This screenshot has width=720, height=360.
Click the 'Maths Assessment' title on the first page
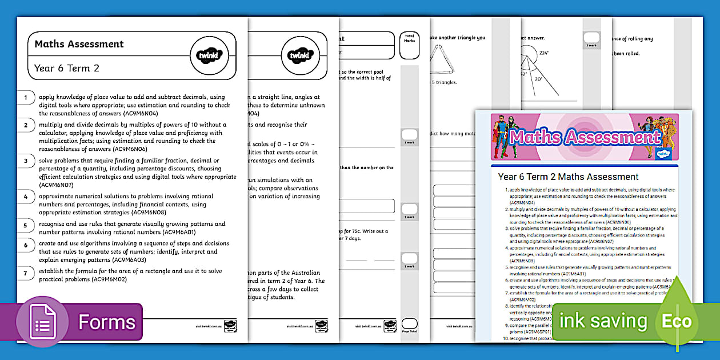coord(79,44)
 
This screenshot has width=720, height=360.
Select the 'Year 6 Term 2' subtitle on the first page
coord(67,69)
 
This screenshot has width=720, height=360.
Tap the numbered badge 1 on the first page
coord(25,98)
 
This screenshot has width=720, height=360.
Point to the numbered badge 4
coord(25,197)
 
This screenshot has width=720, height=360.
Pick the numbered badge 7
coord(25,273)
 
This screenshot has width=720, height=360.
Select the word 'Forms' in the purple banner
coord(107,322)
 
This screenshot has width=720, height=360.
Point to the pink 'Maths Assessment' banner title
coord(585,137)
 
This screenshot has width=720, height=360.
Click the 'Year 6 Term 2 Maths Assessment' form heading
coord(568,177)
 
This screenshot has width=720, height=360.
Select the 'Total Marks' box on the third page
coord(409,45)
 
